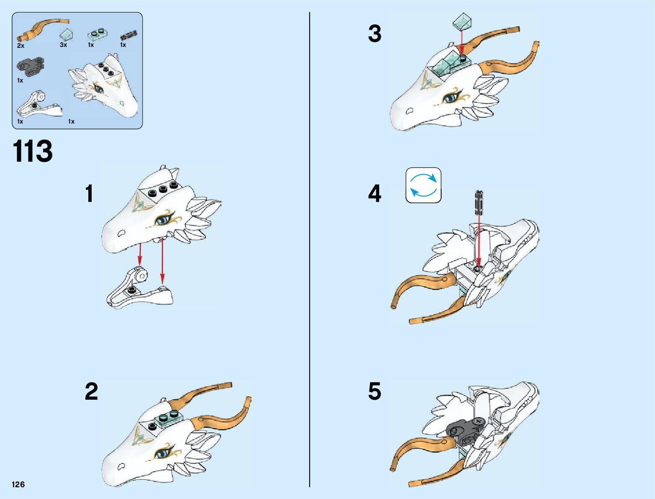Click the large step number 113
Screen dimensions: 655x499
pyautogui.click(x=33, y=151)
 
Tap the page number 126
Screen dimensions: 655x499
pyautogui.click(x=18, y=484)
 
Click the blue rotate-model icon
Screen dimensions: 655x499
pyautogui.click(x=423, y=185)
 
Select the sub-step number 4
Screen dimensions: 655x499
pyautogui.click(x=375, y=194)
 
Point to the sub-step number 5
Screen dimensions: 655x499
pyautogui.click(x=375, y=391)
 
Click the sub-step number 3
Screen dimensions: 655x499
pyautogui.click(x=375, y=34)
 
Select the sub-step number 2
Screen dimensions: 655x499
pyautogui.click(x=91, y=391)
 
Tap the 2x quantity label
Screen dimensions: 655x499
pyautogui.click(x=21, y=46)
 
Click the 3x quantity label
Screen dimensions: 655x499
pyautogui.click(x=63, y=44)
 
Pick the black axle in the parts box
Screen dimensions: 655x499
pyautogui.click(x=129, y=35)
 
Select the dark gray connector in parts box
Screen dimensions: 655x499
pyautogui.click(x=30, y=65)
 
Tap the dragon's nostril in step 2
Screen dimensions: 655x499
pyautogui.click(x=122, y=466)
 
